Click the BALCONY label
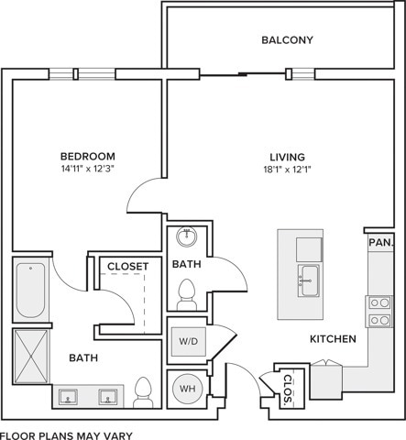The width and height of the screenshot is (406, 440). (x=288, y=40)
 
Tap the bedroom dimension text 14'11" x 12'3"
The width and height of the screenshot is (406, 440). (x=88, y=169)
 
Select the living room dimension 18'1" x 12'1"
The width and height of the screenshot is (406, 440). (x=287, y=169)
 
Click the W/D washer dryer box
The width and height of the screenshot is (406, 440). (x=189, y=342)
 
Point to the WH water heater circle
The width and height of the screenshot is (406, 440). (x=187, y=389)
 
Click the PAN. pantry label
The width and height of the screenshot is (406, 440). (x=380, y=243)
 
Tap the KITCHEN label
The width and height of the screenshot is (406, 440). (x=333, y=339)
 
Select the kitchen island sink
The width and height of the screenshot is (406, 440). (x=309, y=280)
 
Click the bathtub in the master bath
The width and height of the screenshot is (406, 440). (x=30, y=291)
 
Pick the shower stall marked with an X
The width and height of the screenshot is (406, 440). (x=31, y=357)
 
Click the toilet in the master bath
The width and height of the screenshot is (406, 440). (x=143, y=392)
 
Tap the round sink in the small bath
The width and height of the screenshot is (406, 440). (x=187, y=236)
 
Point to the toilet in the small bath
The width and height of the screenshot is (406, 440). (x=186, y=295)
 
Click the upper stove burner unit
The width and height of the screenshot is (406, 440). (x=379, y=303)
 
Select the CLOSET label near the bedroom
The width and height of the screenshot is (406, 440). (x=128, y=267)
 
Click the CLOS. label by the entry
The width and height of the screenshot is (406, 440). (x=288, y=389)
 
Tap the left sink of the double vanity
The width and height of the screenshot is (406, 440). (x=68, y=397)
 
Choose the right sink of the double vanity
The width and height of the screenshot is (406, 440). (x=107, y=397)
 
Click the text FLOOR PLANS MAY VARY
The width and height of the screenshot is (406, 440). (x=66, y=435)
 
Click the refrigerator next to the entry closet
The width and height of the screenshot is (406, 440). (x=326, y=380)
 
